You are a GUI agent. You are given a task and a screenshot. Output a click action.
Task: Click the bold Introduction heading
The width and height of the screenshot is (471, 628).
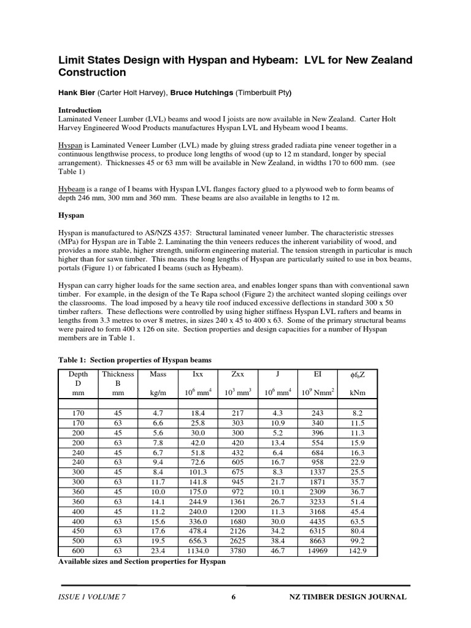coord(80,110)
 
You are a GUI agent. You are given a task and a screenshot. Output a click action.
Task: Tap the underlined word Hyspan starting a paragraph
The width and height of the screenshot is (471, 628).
coord(70,145)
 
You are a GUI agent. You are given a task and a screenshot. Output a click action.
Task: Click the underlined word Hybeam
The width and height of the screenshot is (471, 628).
coord(72,189)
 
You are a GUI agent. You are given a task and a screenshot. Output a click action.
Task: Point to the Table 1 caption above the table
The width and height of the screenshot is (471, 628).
coord(134,360)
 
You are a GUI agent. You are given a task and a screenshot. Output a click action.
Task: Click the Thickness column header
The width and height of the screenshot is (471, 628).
coord(117,373)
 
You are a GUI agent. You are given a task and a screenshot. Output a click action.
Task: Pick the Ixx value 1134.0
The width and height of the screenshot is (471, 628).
coord(197,551)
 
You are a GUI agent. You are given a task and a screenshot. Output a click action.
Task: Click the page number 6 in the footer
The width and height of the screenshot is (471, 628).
coord(234,597)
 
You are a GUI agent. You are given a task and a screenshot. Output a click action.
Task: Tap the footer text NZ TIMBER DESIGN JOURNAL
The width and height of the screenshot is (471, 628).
coord(347,597)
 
